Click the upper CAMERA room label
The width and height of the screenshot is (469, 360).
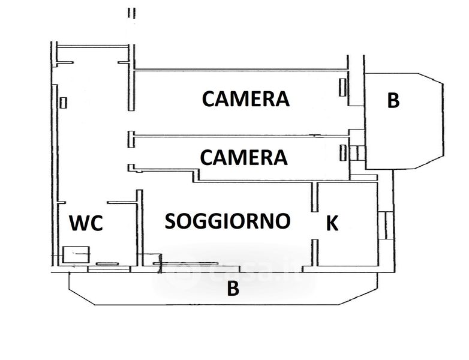(x=245, y=99)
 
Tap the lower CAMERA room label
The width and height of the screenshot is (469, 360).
(x=243, y=157)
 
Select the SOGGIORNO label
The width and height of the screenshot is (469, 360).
(x=228, y=221)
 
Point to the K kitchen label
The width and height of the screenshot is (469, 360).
(x=332, y=223)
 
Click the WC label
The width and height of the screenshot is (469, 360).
(x=86, y=223)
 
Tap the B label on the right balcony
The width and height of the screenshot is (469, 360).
(x=393, y=100)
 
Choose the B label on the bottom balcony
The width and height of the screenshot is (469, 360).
(x=233, y=289)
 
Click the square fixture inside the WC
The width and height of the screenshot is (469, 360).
(x=76, y=254)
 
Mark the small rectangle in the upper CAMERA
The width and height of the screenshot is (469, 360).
(x=343, y=87)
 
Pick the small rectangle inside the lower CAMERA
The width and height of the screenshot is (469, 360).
(x=344, y=152)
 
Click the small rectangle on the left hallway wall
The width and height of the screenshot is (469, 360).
(x=63, y=103)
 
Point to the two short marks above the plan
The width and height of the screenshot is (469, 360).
(x=131, y=13)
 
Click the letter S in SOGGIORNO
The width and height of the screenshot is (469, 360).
(x=171, y=221)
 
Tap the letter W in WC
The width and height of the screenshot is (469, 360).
(x=79, y=223)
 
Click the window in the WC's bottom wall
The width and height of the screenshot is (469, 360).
(x=109, y=269)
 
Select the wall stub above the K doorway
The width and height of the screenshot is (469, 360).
(x=314, y=197)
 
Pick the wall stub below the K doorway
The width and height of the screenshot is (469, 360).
(x=314, y=252)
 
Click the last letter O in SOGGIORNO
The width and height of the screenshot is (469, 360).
(x=282, y=221)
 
